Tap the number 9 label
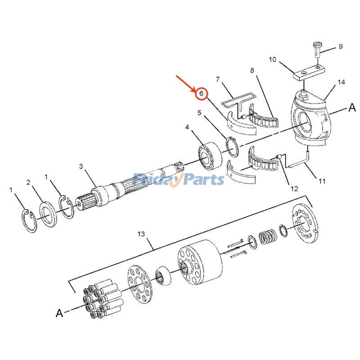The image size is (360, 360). tap(340, 46)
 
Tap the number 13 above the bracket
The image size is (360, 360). tap(141, 234)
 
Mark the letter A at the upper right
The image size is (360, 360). tap(351, 108)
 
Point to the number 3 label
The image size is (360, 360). tap(81, 166)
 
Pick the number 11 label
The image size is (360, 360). tap(322, 181)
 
